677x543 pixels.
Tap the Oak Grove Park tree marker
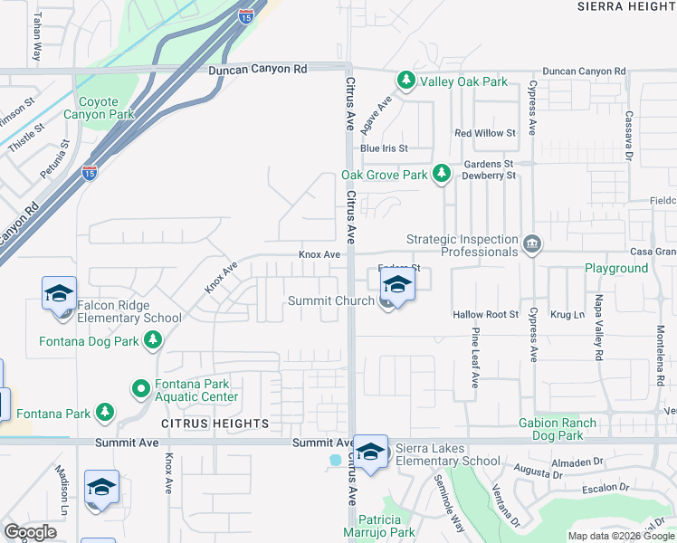441,172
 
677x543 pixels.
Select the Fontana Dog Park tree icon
154,339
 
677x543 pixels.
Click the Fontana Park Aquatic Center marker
141,389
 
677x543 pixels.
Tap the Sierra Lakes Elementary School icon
370,452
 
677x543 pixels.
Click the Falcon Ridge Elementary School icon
59,294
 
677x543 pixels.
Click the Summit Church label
330,300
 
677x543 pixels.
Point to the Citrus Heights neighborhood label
215,424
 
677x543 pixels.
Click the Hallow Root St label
485,315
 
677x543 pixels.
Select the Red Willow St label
485,133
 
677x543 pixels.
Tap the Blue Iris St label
384,148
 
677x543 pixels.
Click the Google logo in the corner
31,532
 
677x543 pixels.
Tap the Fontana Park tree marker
106,413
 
